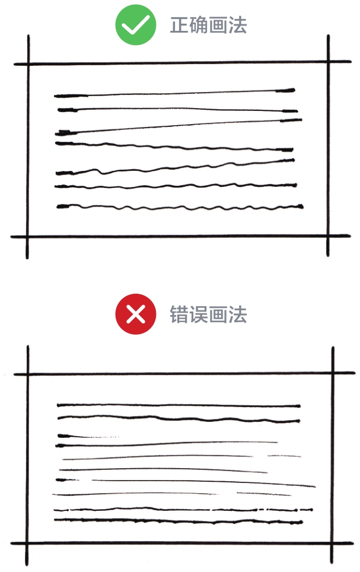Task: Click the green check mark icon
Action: [136, 26]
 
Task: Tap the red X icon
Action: [136, 314]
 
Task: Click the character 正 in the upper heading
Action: [180, 26]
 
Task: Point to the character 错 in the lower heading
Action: [180, 314]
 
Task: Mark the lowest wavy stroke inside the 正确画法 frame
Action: [178, 207]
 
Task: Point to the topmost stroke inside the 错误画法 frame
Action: [178, 406]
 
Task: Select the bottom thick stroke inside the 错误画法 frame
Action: [178, 521]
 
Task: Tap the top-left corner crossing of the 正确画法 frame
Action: [27, 63]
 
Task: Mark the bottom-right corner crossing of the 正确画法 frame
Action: [327, 236]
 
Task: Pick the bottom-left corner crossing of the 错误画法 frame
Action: [27, 543]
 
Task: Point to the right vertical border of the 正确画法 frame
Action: [327, 148]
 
